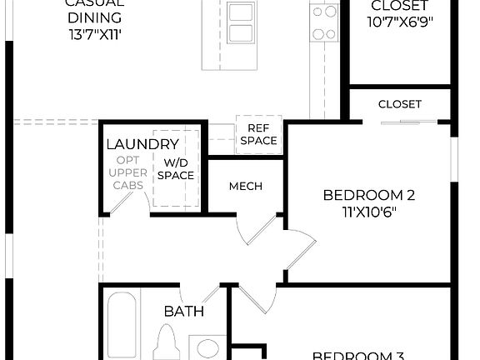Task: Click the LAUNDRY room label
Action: (142, 144)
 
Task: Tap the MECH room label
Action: (246, 185)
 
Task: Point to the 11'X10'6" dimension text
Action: (369, 212)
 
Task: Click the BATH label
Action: (183, 311)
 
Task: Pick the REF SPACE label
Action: (258, 134)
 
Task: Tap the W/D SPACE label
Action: (178, 169)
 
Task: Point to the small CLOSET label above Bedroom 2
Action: (400, 104)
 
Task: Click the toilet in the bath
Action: (167, 343)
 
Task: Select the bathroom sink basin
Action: (208, 347)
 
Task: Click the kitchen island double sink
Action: (242, 23)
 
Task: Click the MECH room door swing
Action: (254, 229)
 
